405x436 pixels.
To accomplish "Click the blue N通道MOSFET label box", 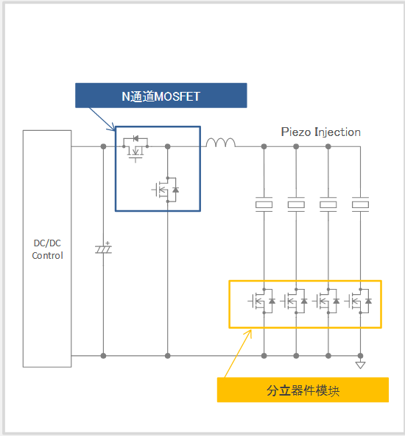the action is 161,96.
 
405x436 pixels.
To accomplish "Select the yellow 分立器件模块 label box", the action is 303,390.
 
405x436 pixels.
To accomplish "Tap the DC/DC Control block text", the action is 47,249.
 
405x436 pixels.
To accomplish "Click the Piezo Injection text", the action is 320,132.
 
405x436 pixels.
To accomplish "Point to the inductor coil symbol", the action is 221,143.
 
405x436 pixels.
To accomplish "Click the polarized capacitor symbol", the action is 103,249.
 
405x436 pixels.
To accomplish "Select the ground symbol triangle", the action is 360,365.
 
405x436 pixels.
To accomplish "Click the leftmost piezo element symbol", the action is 264,204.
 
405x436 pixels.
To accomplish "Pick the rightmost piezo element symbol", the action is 360,204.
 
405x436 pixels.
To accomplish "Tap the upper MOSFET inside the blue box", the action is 135,148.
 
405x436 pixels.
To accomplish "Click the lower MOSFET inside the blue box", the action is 166,190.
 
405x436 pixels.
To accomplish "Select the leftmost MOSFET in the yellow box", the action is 262,301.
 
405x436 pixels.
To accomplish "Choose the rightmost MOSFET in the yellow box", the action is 358,301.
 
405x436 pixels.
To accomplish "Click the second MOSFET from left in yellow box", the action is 294,301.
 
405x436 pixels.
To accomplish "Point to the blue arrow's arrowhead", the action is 113,128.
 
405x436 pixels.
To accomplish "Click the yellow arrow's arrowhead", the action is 249,332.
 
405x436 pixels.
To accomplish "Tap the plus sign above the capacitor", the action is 108,243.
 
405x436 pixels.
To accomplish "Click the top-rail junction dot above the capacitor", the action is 103,146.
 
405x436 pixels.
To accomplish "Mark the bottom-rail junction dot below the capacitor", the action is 103,356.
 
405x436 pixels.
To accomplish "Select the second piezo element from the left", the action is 296,204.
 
